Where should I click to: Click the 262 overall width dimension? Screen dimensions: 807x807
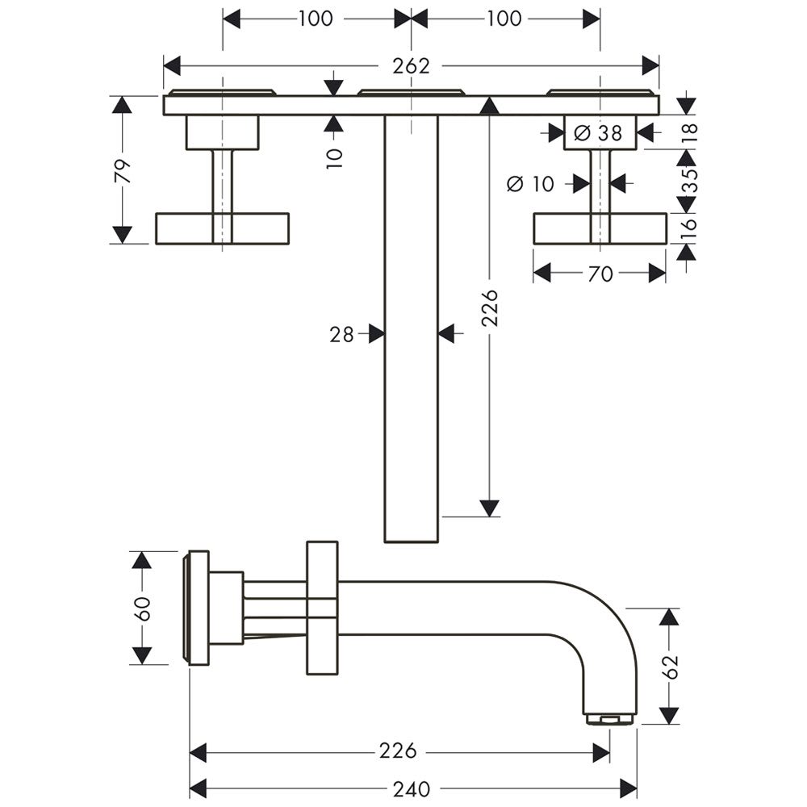pyautogui.click(x=411, y=66)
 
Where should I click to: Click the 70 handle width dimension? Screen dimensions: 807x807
pyautogui.click(x=600, y=274)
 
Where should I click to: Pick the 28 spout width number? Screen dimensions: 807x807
pyautogui.click(x=342, y=333)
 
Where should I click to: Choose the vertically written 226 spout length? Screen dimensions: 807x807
pyautogui.click(x=489, y=307)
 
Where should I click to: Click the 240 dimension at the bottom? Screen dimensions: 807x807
pyautogui.click(x=413, y=787)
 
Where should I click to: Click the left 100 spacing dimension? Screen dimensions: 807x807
pyautogui.click(x=316, y=19)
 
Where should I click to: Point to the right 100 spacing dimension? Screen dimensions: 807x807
pyautogui.click(x=504, y=19)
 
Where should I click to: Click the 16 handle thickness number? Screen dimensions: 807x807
pyautogui.click(x=687, y=228)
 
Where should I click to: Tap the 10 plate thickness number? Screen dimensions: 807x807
pyautogui.click(x=335, y=155)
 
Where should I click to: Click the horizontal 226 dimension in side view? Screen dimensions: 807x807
pyautogui.click(x=399, y=751)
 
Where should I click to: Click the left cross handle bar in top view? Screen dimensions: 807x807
pyautogui.click(x=222, y=228)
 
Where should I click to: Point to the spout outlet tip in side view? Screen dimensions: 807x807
pyautogui.click(x=610, y=717)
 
